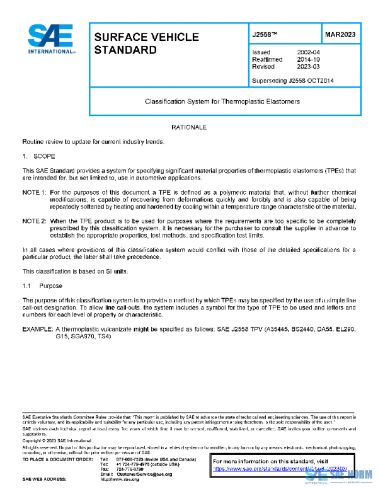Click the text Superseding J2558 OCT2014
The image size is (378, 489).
(292, 80)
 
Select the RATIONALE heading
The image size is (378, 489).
(188, 128)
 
